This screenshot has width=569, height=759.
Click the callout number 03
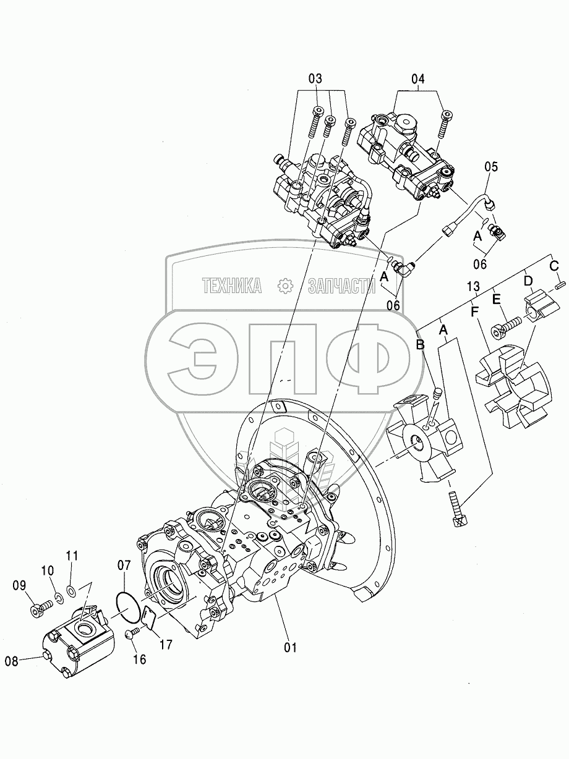[x=315, y=79]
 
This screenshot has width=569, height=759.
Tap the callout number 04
[x=417, y=79]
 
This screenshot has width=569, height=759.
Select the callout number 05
[x=491, y=167]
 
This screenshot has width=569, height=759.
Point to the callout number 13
[x=473, y=286]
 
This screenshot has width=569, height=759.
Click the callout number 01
[x=290, y=647]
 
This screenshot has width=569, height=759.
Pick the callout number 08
[x=11, y=662]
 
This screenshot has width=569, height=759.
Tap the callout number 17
[x=166, y=645]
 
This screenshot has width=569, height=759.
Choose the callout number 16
[x=140, y=659]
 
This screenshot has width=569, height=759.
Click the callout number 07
[x=124, y=566]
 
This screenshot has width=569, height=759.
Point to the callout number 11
[x=72, y=556]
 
